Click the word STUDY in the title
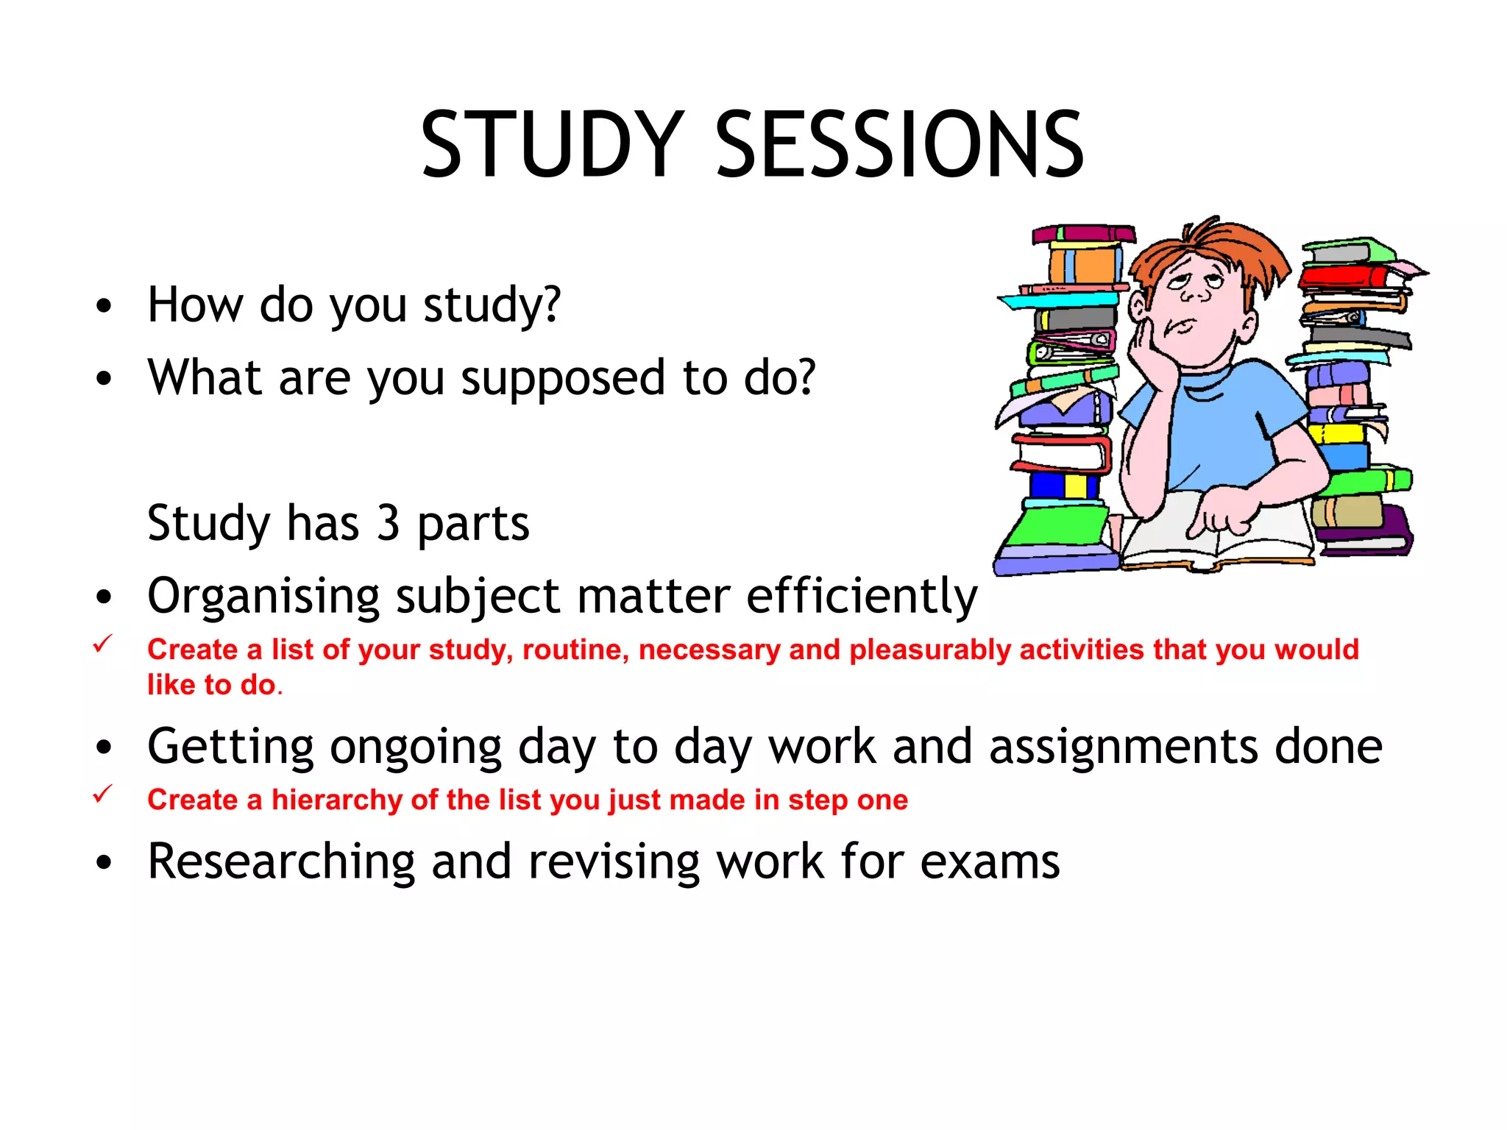(552, 144)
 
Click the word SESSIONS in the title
(899, 144)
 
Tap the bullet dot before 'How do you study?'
(104, 306)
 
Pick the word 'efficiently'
(862, 596)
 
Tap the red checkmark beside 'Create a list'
(102, 644)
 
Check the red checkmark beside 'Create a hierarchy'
(102, 795)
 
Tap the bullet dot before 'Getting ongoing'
(104, 748)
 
